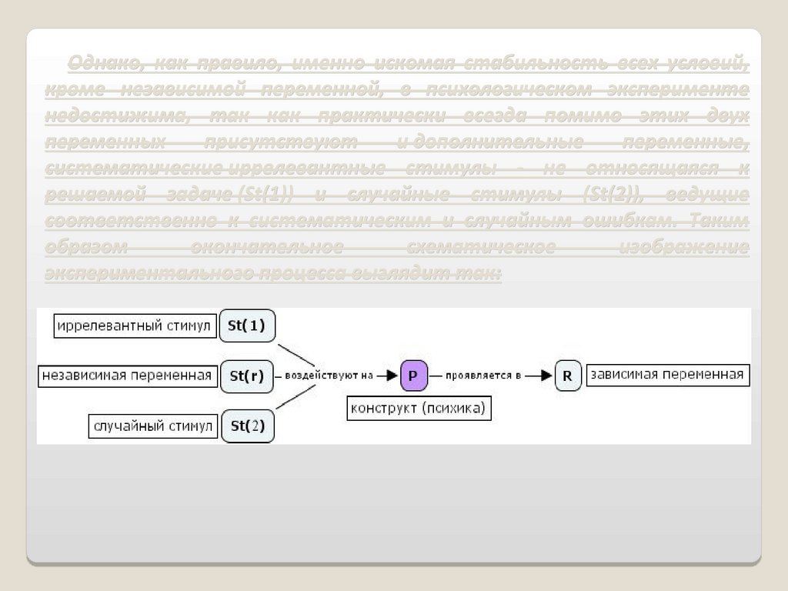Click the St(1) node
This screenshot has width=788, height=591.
tap(247, 326)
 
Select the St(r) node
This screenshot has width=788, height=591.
tap(247, 376)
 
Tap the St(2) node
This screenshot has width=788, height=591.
tap(247, 426)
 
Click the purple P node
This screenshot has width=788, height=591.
tap(412, 376)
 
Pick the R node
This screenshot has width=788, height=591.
tap(567, 376)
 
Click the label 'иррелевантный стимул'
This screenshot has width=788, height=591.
tap(134, 326)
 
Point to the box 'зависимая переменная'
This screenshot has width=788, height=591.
tap(666, 375)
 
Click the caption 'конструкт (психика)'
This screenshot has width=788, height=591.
tap(418, 409)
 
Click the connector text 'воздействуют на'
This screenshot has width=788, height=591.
tap(329, 376)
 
